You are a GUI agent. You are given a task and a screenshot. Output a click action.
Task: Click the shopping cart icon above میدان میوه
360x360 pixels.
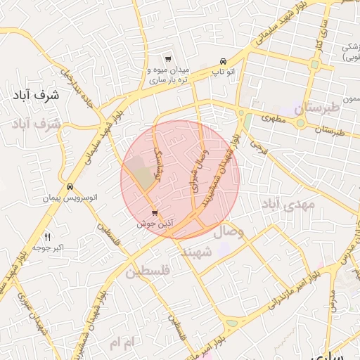167,59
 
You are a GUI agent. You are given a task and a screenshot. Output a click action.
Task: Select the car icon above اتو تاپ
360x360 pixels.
223,60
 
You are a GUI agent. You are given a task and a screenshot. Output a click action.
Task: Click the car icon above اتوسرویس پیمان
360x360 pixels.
70,187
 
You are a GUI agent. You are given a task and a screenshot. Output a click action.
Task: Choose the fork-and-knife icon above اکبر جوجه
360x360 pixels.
47,236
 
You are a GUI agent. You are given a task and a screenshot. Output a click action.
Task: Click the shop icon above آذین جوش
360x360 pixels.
155,213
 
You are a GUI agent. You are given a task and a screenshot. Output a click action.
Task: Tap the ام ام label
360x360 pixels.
120,342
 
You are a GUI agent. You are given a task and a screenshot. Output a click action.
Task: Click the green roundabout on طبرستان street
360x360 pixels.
301,124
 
